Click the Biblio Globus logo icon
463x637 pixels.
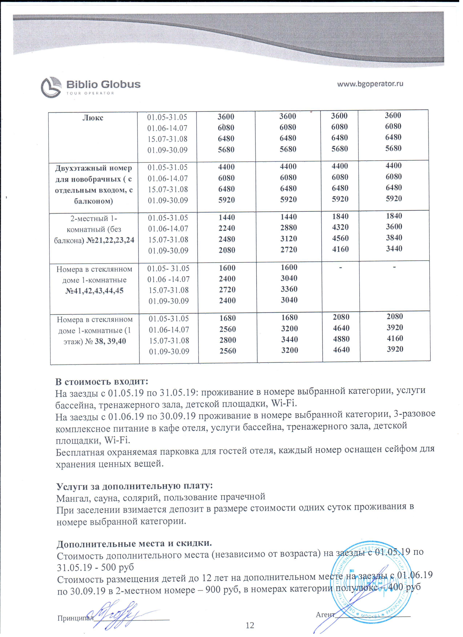(x=51, y=87)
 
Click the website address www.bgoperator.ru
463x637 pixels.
(x=370, y=84)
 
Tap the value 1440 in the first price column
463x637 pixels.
(x=226, y=217)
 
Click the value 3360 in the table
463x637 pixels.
(x=289, y=289)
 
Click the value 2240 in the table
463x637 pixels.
(x=227, y=228)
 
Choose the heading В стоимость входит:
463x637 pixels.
(x=102, y=382)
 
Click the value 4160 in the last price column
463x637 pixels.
(x=395, y=338)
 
